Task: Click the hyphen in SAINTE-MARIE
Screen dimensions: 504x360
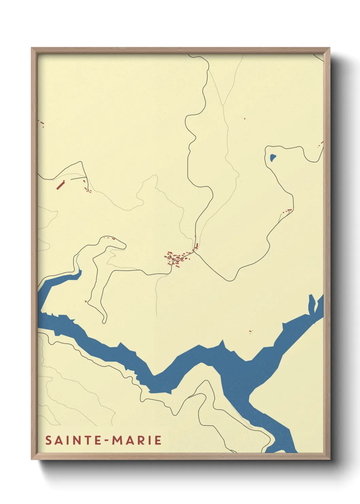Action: [107, 441]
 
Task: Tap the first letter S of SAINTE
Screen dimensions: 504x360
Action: [49, 440]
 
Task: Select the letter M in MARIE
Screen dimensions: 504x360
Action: [118, 440]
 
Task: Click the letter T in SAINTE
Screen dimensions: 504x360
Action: [88, 440]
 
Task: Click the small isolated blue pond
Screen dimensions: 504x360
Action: [273, 157]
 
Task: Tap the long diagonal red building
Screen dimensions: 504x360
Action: [60, 185]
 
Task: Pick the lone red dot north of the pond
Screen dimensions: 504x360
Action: [245, 119]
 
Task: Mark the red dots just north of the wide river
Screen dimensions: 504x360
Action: [250, 331]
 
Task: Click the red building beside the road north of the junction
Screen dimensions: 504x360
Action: [196, 245]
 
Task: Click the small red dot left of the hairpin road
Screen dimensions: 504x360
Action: [86, 301]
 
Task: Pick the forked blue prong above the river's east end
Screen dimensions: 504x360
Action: [312, 301]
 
